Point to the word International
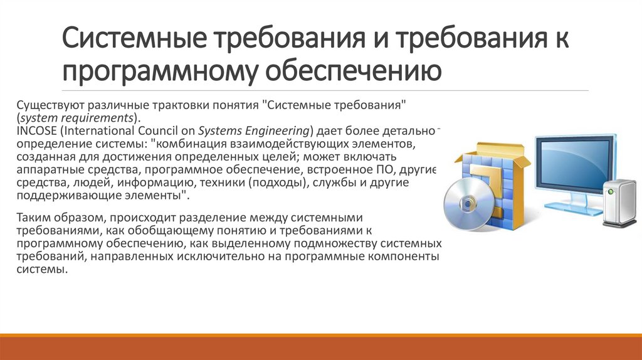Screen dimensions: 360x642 click(91, 131)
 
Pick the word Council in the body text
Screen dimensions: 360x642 click(151, 131)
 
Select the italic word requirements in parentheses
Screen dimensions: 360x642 click(99, 119)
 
